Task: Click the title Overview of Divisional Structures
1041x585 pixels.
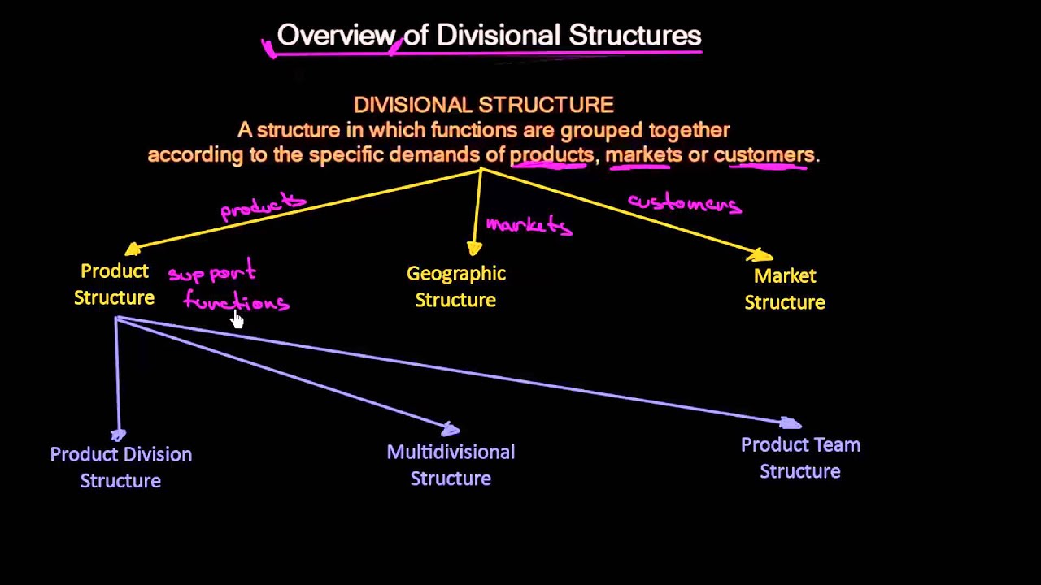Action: (x=489, y=36)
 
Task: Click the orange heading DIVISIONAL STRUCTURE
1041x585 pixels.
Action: (x=483, y=105)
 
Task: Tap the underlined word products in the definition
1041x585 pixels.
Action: (x=551, y=154)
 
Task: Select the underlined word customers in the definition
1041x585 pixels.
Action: (x=764, y=154)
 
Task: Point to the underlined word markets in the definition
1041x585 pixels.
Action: (x=643, y=154)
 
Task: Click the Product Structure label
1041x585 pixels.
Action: (x=114, y=284)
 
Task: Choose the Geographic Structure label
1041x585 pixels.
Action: (x=455, y=287)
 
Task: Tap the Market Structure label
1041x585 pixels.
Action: (x=785, y=288)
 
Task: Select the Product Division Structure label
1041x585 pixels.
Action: (x=120, y=467)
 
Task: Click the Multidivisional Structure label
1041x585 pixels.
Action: (x=451, y=465)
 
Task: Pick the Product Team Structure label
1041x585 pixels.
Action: (x=800, y=458)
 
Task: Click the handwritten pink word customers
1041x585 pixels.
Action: (x=684, y=203)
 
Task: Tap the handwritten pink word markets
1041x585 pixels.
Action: (x=529, y=225)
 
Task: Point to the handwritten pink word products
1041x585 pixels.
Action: (x=263, y=207)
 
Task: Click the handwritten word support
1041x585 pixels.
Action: (x=211, y=273)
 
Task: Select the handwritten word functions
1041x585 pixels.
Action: (x=236, y=301)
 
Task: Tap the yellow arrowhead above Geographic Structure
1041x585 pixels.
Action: (x=475, y=248)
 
